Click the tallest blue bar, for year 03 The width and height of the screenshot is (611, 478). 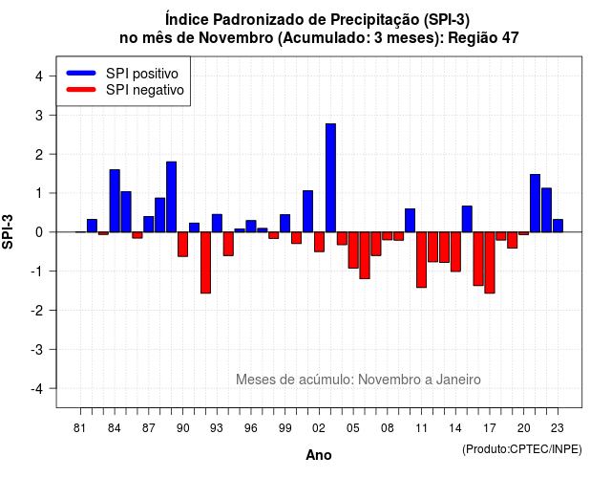point(330,178)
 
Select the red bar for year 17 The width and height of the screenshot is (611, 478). point(490,263)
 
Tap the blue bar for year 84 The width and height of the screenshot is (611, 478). point(115,201)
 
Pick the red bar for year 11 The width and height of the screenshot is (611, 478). point(422,260)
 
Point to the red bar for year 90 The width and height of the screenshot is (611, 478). point(182,245)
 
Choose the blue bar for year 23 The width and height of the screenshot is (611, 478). point(558,226)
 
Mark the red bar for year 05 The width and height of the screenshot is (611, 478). point(353,250)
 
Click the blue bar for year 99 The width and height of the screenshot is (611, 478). point(284,223)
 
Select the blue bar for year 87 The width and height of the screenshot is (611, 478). point(149,225)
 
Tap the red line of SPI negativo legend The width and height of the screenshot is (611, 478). point(81,90)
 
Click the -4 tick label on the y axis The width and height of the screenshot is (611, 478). point(37,389)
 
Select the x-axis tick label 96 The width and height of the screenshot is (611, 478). point(251,428)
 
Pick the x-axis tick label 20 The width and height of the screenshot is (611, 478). point(524,428)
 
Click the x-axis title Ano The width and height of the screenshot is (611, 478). point(319,455)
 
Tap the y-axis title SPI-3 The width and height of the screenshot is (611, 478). point(8,231)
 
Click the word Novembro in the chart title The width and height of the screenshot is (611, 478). point(236,38)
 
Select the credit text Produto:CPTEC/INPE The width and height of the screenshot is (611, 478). point(522,449)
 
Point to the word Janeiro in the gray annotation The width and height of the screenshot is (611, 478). point(458,380)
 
